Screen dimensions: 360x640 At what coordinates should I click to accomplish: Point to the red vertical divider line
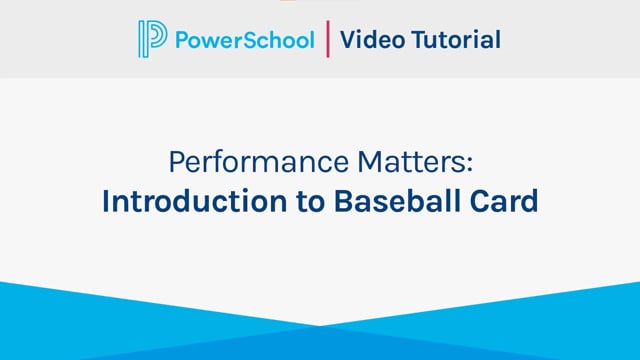pyautogui.click(x=327, y=40)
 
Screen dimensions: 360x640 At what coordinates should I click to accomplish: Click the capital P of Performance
pyautogui.click(x=175, y=162)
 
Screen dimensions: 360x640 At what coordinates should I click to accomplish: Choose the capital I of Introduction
pyautogui.click(x=106, y=200)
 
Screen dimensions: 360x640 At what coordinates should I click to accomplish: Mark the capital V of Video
pyautogui.click(x=347, y=40)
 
